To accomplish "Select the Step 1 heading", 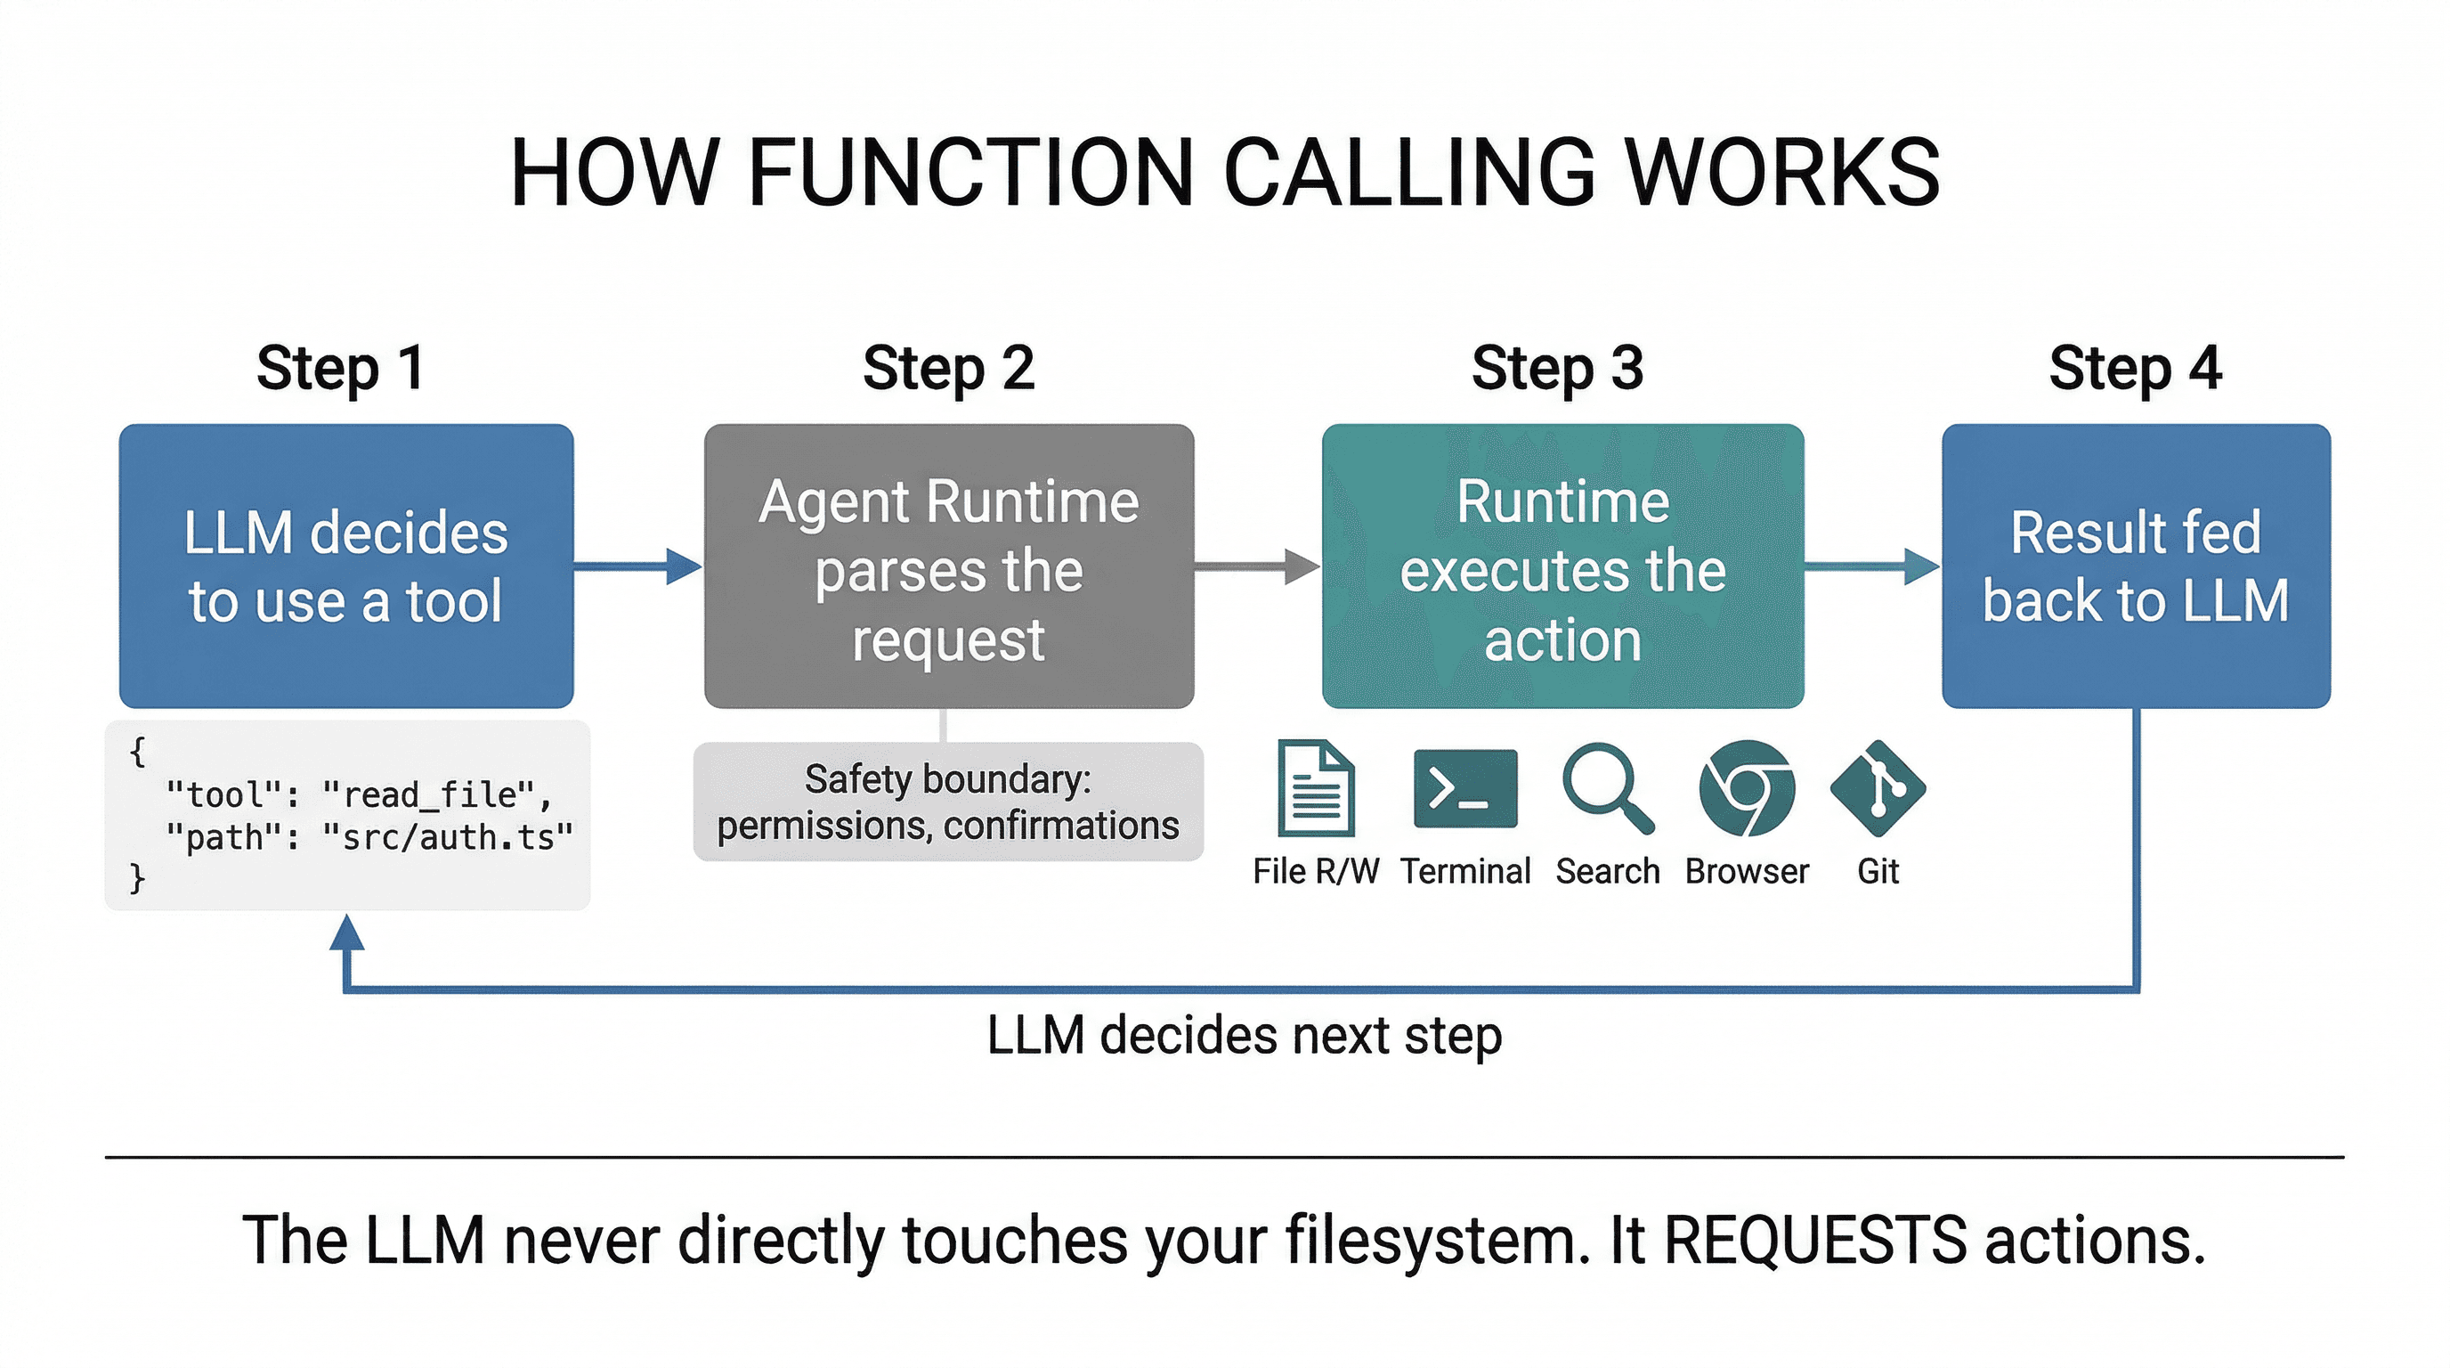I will pos(339,368).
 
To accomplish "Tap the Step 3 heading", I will pos(1557,368).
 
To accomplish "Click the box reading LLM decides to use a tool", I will pos(346,566).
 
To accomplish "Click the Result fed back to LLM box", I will pos(2135,566).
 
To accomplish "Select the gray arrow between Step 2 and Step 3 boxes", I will pos(1255,567).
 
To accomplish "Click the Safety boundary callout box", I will pos(947,802).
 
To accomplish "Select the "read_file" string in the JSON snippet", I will pos(436,794).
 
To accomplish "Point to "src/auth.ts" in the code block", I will pos(447,837).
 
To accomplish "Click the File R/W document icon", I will pos(1315,788).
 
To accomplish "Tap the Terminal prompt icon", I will pos(1464,788).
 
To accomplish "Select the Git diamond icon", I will pos(1878,788).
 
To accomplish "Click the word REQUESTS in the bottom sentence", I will pos(1814,1241).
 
